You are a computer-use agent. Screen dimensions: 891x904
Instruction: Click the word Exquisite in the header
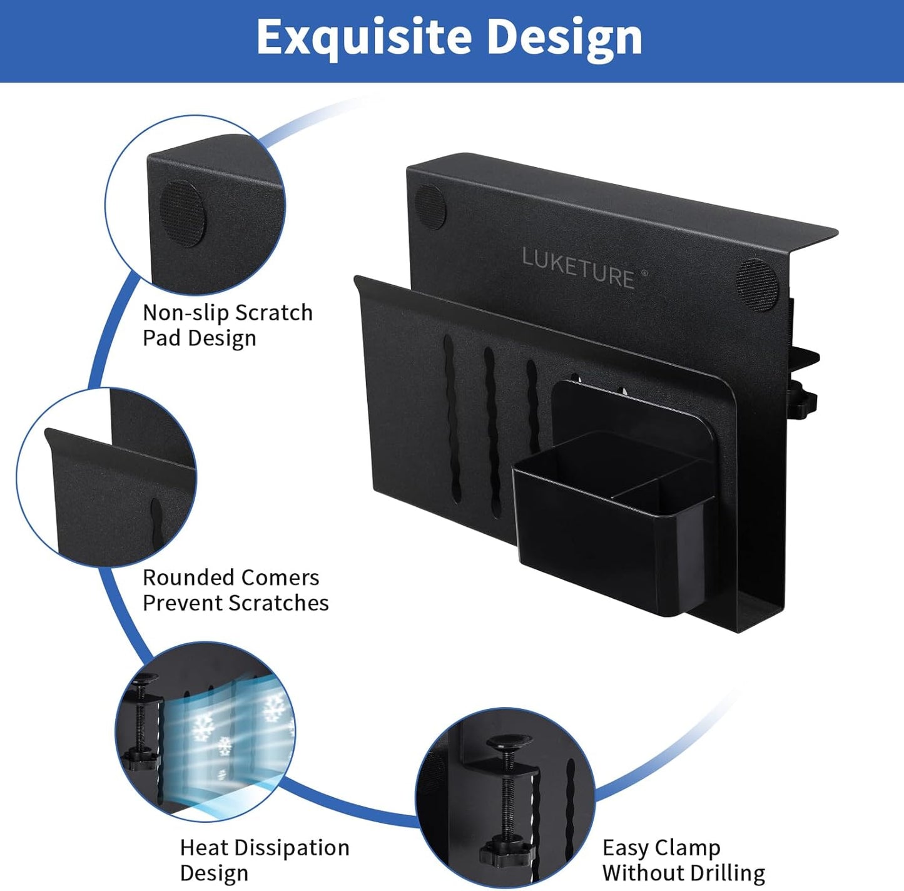(x=363, y=38)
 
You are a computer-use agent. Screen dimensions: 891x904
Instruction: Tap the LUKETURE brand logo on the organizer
(x=577, y=268)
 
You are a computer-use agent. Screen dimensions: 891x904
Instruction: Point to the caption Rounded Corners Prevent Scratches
(x=235, y=589)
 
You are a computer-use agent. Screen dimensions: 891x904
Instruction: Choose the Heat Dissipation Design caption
(x=264, y=860)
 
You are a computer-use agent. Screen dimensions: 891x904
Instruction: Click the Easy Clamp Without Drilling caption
(x=683, y=860)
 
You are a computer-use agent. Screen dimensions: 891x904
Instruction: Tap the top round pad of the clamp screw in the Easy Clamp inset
(x=510, y=745)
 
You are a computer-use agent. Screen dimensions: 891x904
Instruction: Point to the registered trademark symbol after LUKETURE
(x=644, y=273)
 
